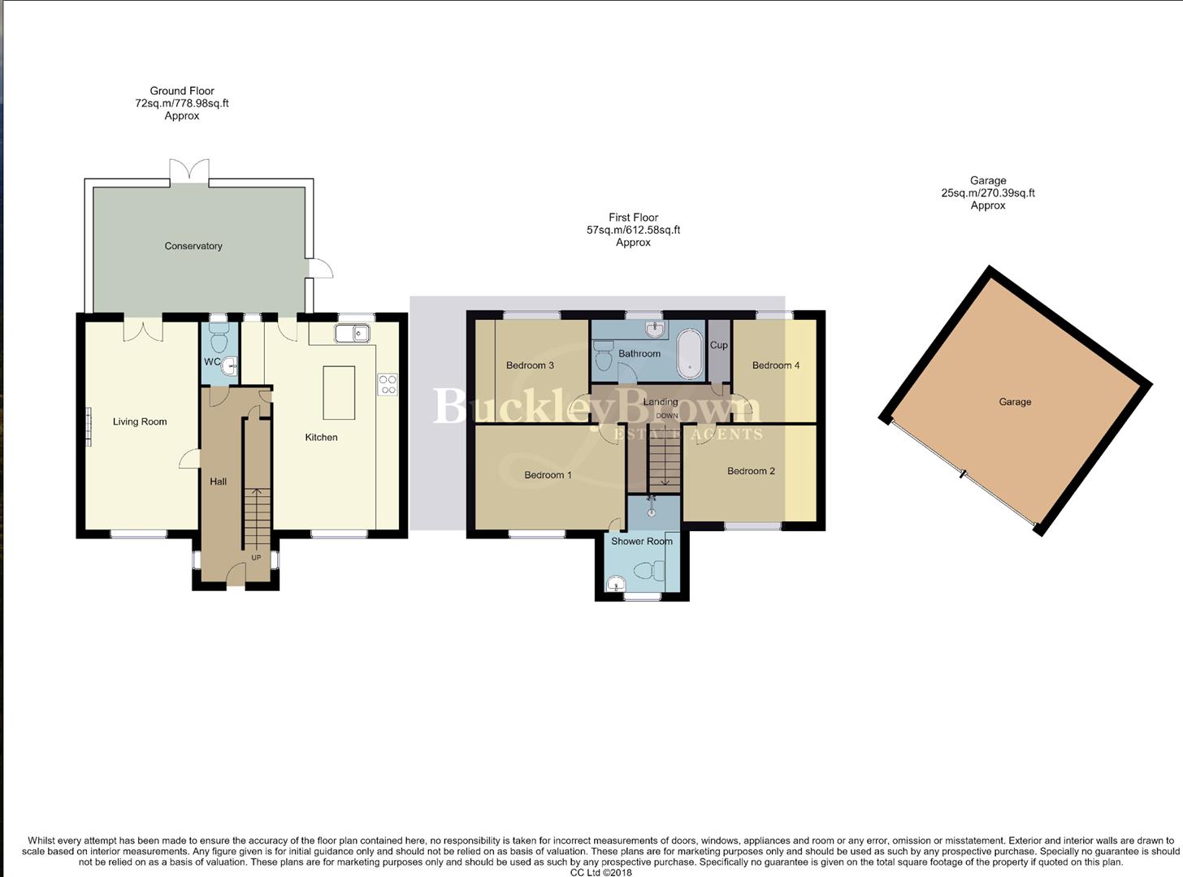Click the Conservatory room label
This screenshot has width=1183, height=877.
[x=193, y=246]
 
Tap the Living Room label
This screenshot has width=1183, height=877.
[x=140, y=421]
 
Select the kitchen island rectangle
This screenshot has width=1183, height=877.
[x=339, y=392]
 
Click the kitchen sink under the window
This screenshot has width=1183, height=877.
[x=352, y=333]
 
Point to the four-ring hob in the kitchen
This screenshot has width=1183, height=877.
[x=388, y=384]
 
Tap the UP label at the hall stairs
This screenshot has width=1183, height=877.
[x=256, y=558]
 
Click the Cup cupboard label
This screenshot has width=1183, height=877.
[x=719, y=345]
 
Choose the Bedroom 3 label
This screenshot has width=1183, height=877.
[x=530, y=365]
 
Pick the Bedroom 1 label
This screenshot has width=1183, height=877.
[x=548, y=475]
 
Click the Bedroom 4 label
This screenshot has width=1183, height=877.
[x=775, y=365]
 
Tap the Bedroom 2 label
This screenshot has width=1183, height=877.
[x=751, y=471]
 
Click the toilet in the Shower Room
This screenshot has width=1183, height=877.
[x=646, y=572]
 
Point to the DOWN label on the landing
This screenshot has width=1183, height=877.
[x=667, y=416]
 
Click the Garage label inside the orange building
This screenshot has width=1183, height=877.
[x=1015, y=402]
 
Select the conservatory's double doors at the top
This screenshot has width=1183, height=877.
[x=189, y=171]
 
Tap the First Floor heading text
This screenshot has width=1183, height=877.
[x=633, y=218]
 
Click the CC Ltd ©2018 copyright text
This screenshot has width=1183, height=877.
[x=600, y=872]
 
